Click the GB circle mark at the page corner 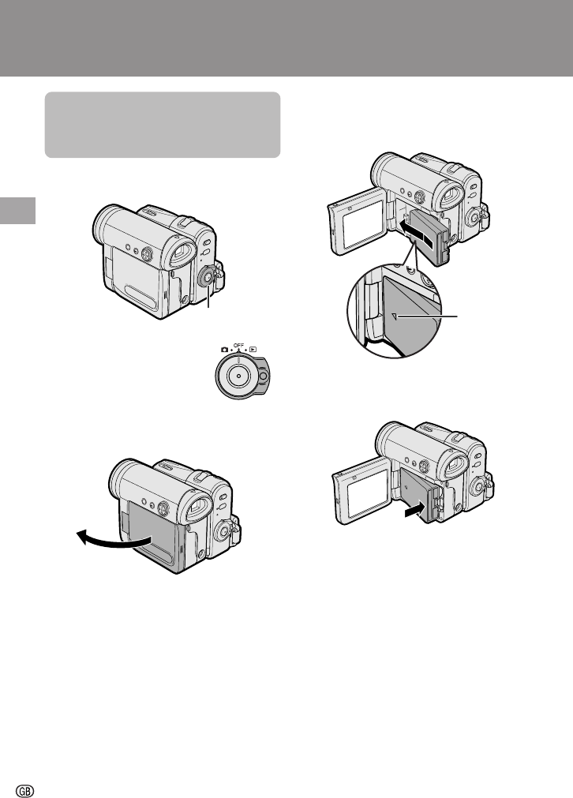click(25, 791)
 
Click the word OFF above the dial click(238, 346)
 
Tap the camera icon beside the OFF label click(224, 350)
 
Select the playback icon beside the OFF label click(253, 350)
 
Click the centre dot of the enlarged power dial click(238, 376)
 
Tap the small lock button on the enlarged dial click(263, 376)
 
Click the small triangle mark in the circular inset click(394, 317)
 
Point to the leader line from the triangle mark click(428, 317)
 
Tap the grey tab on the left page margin click(18, 211)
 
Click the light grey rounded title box click(163, 125)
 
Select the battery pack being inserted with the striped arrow click(430, 237)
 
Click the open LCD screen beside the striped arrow click(358, 221)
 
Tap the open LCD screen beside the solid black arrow click(361, 491)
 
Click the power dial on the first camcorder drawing click(207, 277)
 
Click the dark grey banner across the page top click(286, 38)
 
